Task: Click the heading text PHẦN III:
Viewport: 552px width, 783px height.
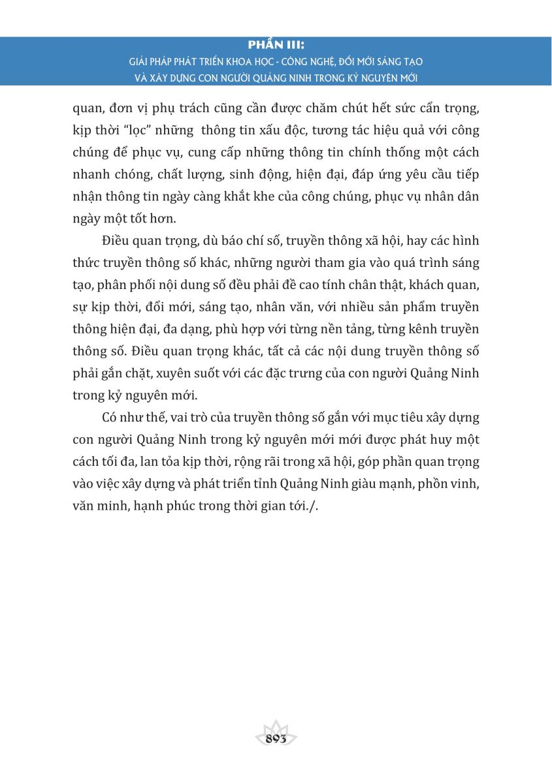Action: [276, 46]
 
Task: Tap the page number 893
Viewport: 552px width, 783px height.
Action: [277, 739]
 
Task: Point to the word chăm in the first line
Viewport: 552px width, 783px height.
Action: [307, 108]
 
